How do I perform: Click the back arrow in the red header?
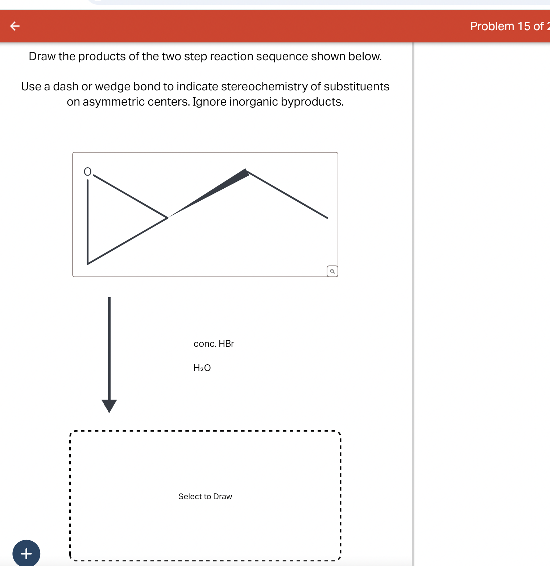15,26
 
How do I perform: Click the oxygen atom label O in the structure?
87,172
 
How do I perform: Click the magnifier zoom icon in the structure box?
332,271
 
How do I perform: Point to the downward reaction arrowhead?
109,406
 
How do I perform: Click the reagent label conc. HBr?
214,344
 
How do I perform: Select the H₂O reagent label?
202,368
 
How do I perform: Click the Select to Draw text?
205,496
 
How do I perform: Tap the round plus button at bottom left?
26,553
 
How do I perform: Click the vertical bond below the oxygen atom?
88,221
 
